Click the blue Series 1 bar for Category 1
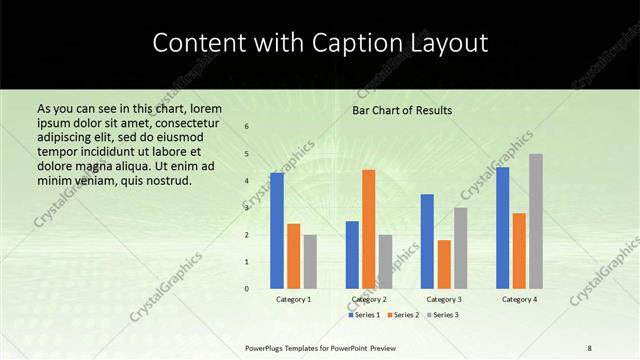[277, 231]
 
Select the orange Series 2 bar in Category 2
[369, 229]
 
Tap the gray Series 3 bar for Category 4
[536, 221]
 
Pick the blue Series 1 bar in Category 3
[427, 241]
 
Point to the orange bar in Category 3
[444, 264]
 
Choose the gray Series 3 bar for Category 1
[310, 262]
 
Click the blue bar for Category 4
[502, 228]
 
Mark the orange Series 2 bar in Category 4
[519, 251]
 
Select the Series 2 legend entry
[404, 315]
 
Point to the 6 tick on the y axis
[246, 126]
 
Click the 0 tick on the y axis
[246, 289]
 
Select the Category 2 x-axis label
[369, 299]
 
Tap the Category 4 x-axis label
[519, 299]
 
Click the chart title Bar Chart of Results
[402, 110]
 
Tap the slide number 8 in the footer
[589, 347]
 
